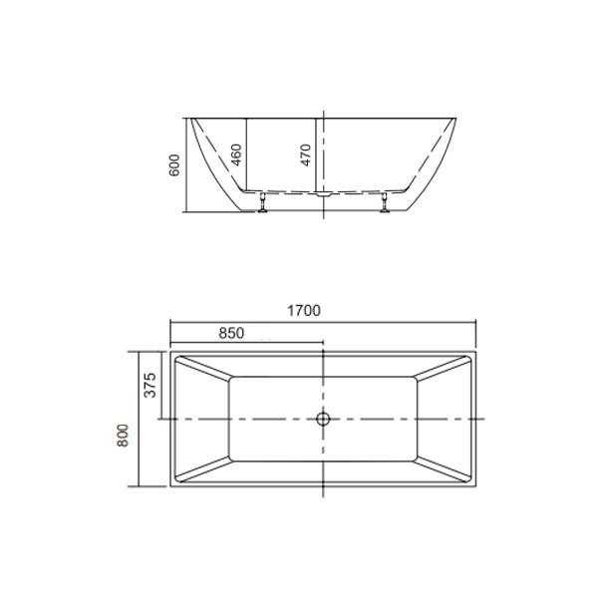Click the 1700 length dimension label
[304, 311]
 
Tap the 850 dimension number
[231, 333]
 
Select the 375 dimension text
[150, 385]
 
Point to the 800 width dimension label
[123, 436]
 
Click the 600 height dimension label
[173, 165]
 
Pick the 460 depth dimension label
[236, 154]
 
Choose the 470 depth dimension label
[306, 154]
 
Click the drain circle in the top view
[323, 419]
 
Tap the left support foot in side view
[263, 202]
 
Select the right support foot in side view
[385, 202]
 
